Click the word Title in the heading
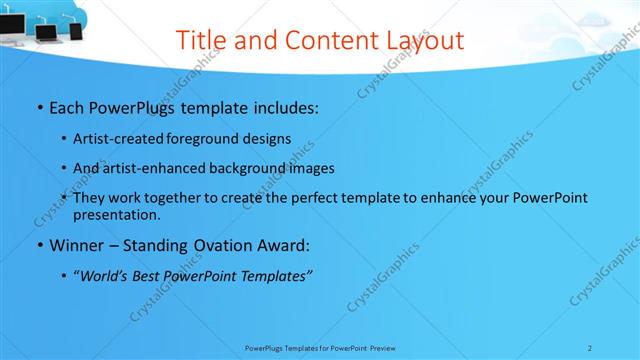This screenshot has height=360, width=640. [x=198, y=41]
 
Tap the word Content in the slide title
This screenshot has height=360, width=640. [x=324, y=41]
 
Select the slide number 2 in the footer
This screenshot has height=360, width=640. [x=590, y=348]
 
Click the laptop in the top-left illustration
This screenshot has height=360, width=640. [x=47, y=31]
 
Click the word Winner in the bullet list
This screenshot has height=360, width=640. [x=76, y=244]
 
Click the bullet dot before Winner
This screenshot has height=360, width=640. [x=39, y=245]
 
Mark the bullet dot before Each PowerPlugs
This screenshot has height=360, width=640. [x=39, y=105]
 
